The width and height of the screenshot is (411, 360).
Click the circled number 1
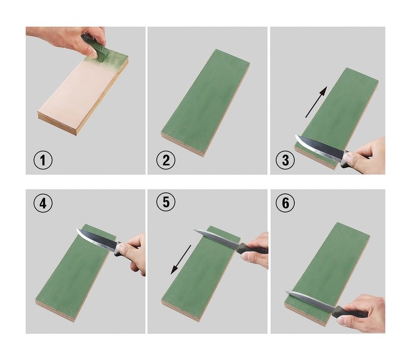coord(43,160)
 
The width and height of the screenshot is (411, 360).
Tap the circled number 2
coord(166,160)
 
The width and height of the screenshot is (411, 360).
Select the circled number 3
coord(285,160)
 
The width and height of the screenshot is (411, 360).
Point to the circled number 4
coord(43,203)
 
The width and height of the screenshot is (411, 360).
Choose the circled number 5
coord(166,202)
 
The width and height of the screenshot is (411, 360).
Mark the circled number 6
coord(285,203)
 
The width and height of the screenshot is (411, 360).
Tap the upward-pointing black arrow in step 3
coord(316,102)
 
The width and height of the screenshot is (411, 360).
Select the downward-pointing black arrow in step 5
coord(181,260)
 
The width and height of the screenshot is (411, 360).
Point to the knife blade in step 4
coord(97,239)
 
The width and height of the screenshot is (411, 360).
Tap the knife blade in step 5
coord(216,239)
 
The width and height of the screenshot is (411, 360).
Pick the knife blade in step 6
coord(311,300)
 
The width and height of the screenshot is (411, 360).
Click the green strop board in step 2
coord(205,103)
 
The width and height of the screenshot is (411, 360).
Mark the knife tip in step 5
coord(194,230)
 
